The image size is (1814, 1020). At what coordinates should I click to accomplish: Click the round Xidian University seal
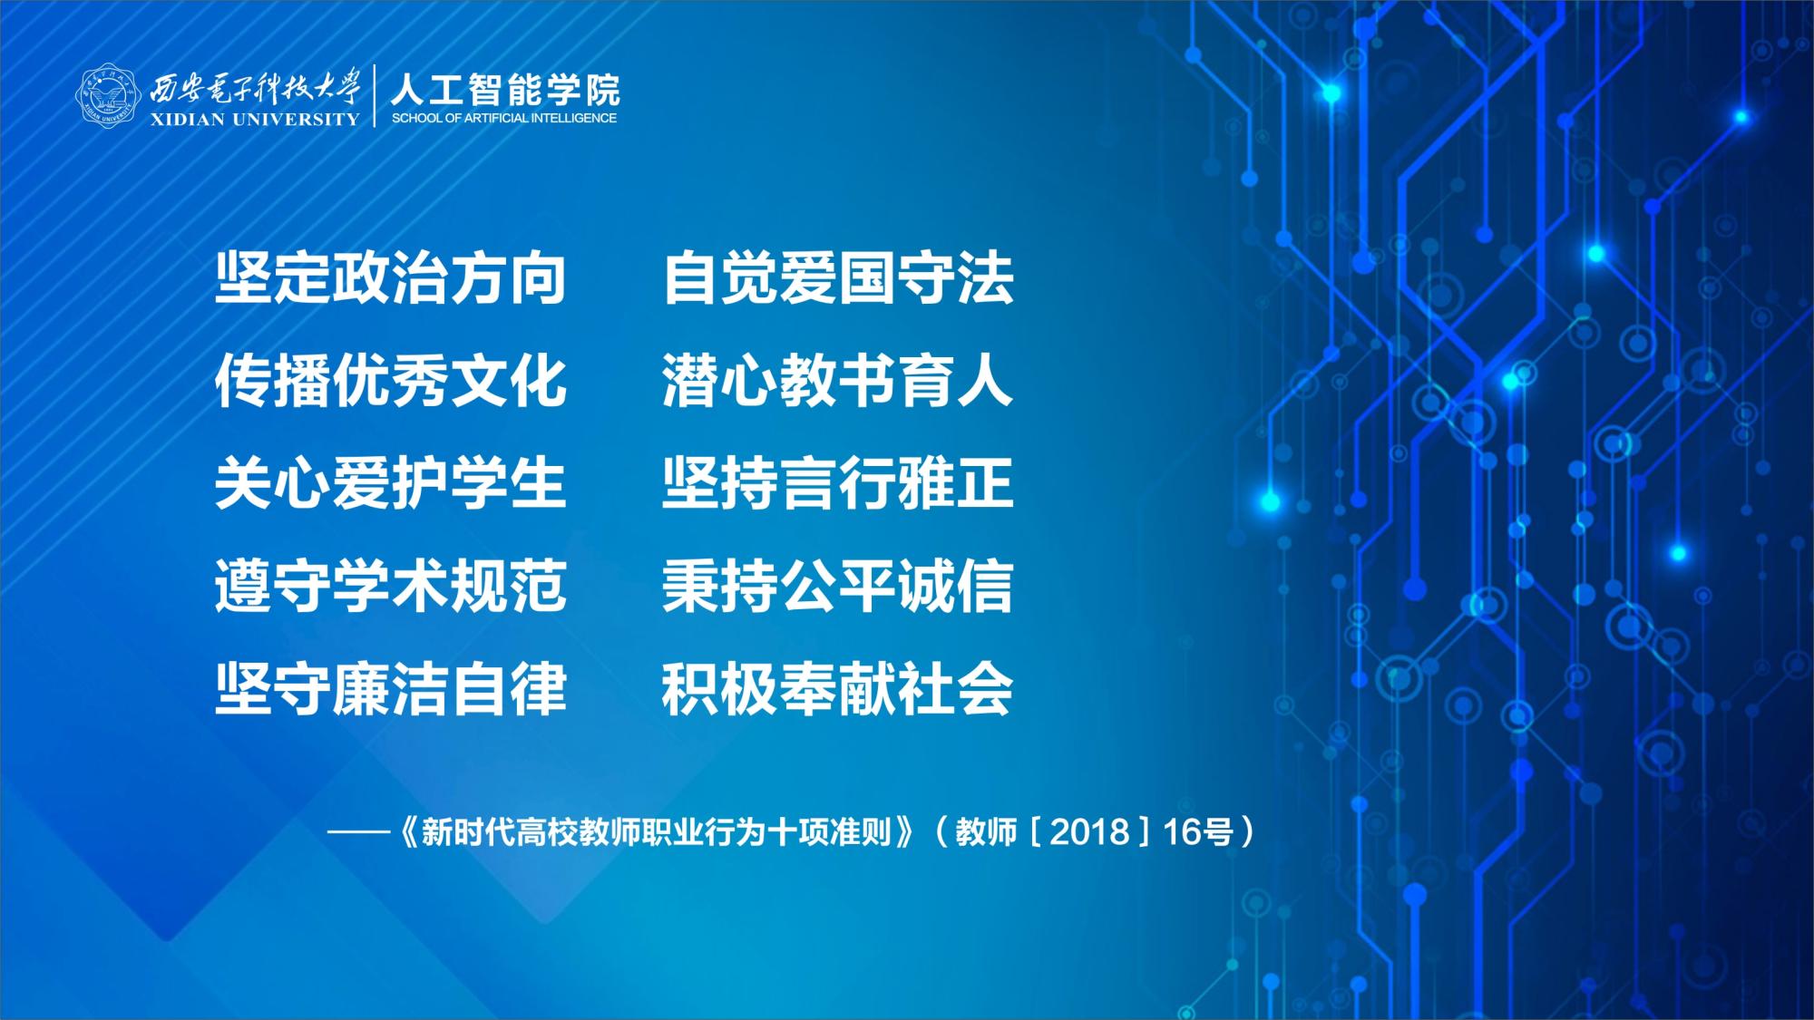point(107,95)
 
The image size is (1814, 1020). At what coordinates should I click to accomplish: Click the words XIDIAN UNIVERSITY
point(255,120)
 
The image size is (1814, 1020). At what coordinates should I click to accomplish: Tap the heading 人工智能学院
point(505,89)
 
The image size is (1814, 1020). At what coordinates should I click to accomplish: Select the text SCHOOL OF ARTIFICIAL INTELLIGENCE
point(504,118)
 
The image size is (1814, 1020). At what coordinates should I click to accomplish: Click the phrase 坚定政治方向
point(391,277)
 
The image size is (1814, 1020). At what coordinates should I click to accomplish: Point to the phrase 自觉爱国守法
point(838,277)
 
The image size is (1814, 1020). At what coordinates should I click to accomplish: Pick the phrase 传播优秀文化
point(391,381)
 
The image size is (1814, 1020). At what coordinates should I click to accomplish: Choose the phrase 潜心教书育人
point(837,381)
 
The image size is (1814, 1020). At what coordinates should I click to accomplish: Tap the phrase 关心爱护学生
point(391,483)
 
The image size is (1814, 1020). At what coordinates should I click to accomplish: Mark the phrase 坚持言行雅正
point(838,483)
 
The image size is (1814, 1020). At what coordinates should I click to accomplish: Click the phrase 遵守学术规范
point(391,586)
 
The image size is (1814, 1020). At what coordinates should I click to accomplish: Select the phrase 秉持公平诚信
point(838,586)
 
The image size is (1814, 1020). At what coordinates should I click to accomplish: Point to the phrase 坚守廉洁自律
point(391,689)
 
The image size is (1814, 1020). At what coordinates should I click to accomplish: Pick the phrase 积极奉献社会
point(838,689)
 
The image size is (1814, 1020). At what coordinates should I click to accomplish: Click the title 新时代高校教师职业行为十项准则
point(657,831)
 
